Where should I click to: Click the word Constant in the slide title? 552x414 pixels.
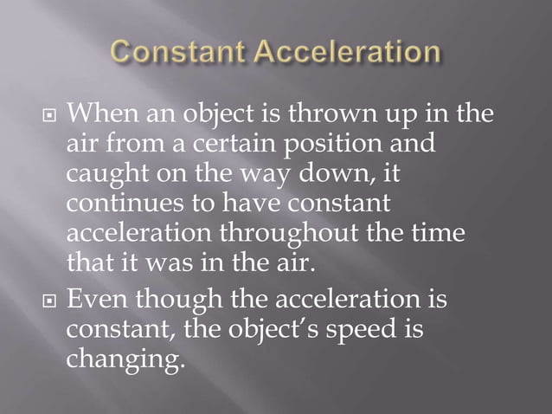pyautogui.click(x=177, y=54)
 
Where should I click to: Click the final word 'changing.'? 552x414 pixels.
pyautogui.click(x=125, y=360)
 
